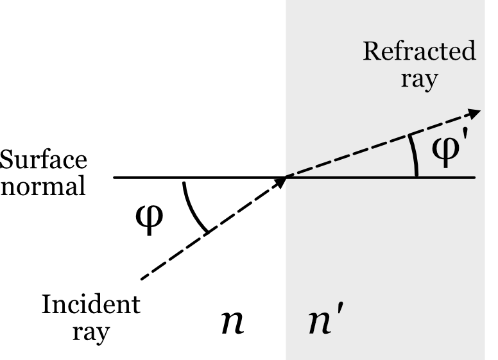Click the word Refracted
click(420, 53)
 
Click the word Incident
click(90, 305)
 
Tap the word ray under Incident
click(90, 334)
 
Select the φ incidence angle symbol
click(152, 219)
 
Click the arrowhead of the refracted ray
click(474, 112)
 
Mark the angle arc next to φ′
click(415, 157)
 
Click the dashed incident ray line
click(212, 231)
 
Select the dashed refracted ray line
click(379, 144)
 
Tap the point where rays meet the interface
click(286, 177)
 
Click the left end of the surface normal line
click(115, 177)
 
